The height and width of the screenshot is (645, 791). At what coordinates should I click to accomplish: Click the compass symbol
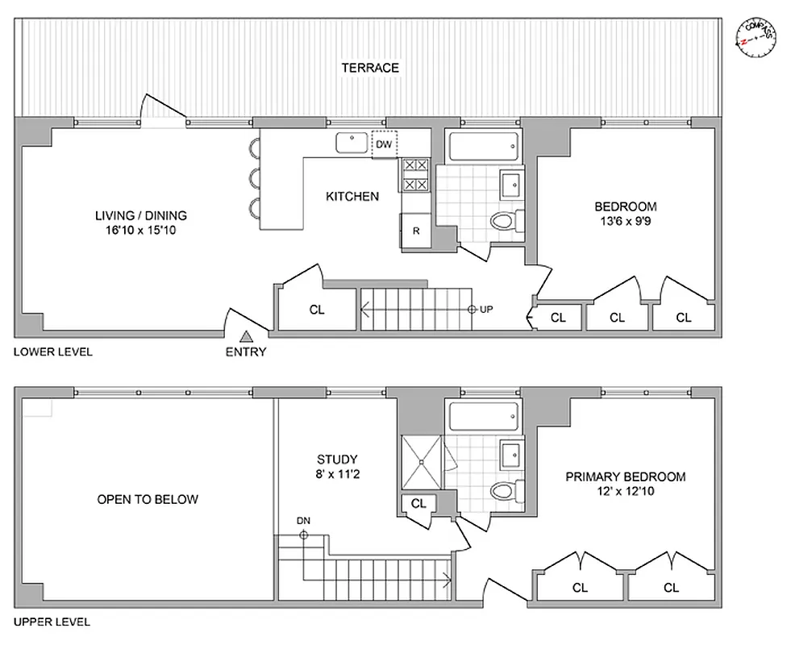click(x=756, y=35)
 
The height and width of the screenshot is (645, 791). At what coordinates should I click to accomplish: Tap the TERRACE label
click(x=370, y=68)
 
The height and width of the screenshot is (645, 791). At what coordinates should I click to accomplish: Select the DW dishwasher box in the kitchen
click(x=384, y=144)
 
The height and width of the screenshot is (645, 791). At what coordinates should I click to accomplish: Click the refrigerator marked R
click(x=415, y=231)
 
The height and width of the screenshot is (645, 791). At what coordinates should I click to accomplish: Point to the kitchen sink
click(x=352, y=143)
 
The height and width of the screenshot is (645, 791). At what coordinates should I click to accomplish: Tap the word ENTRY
click(x=246, y=352)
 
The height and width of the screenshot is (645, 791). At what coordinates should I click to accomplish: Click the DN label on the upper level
click(x=303, y=520)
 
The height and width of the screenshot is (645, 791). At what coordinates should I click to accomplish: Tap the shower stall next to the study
click(x=421, y=461)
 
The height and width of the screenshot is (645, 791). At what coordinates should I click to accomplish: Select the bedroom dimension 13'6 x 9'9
click(x=626, y=221)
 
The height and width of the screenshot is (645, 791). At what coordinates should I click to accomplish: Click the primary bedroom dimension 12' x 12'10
click(x=625, y=492)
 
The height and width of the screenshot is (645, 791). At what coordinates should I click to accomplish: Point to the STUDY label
click(x=337, y=460)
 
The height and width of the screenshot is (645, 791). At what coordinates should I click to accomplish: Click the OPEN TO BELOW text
click(x=148, y=499)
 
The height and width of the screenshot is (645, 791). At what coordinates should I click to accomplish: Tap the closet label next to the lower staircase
click(x=317, y=310)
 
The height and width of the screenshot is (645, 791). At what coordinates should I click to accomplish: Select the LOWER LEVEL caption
click(x=52, y=352)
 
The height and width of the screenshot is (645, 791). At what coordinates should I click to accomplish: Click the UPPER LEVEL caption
click(x=52, y=622)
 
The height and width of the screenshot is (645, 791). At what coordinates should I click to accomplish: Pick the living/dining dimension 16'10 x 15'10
click(x=141, y=231)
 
